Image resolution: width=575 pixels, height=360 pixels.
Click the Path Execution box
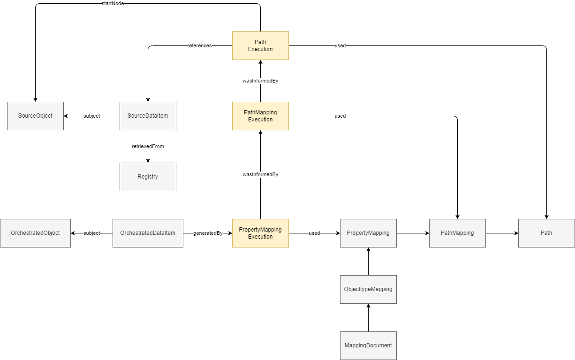tap(260, 45)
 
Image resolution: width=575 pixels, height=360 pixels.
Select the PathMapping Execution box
tap(260, 116)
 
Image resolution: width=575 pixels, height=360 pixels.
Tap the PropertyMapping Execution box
tap(260, 233)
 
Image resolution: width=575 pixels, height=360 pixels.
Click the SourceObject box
tap(35, 116)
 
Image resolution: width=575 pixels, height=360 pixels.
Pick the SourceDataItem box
tap(148, 116)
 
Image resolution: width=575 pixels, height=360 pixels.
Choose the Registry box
tap(148, 177)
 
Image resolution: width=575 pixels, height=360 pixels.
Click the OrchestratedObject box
tap(35, 233)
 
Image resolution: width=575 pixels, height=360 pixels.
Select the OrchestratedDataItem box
tap(148, 233)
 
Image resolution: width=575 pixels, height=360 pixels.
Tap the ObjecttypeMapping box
tap(368, 289)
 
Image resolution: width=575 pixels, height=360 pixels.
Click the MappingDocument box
tap(368, 345)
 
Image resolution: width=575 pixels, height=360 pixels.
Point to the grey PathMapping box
tap(457, 233)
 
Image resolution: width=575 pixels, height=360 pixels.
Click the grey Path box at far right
tap(546, 233)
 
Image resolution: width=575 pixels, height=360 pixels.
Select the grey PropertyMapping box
tap(368, 233)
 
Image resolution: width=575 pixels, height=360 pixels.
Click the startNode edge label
tap(113, 3)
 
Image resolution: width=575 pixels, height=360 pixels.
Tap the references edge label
tap(199, 45)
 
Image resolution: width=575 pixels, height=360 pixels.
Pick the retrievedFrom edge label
tap(148, 146)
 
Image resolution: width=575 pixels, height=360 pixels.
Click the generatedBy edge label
tap(208, 233)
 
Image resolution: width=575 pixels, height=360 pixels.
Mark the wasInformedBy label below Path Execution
tap(260, 81)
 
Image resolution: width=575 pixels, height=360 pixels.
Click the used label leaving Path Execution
tap(340, 45)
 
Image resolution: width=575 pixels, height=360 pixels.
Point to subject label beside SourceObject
tap(91, 116)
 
